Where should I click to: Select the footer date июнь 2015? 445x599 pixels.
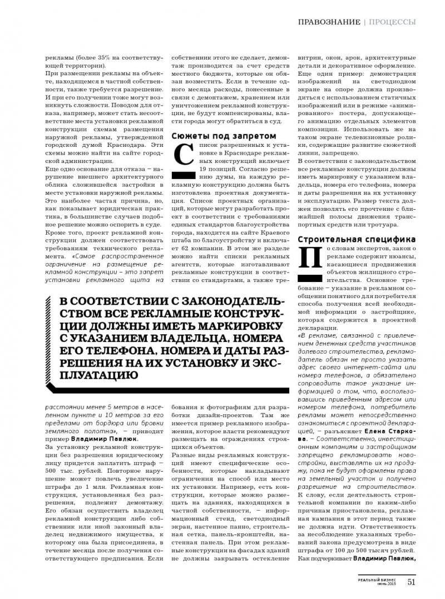coord(385,585)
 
